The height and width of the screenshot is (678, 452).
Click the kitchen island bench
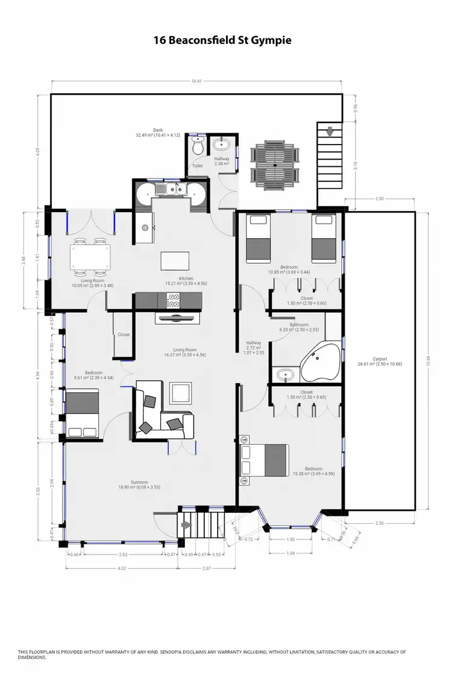point(175,262)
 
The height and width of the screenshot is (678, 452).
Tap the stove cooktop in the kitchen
point(175,298)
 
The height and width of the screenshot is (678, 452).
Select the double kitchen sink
point(171,190)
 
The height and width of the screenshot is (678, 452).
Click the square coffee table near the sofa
point(181,394)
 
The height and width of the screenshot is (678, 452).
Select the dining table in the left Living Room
point(90,258)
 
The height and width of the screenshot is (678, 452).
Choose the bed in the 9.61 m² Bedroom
point(83,413)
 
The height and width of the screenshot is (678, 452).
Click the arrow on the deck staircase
point(328,131)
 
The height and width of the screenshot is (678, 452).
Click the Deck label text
point(158,130)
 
